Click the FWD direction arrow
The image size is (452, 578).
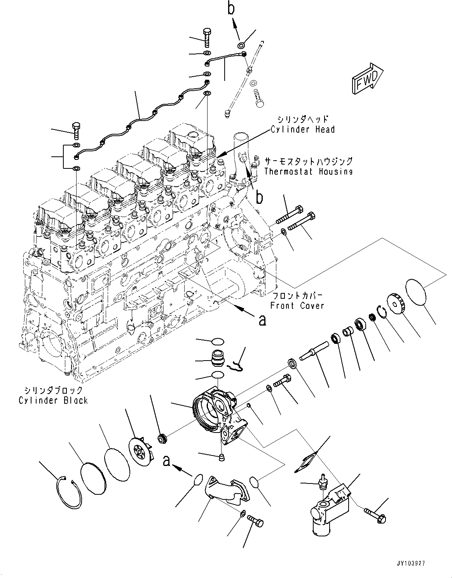367,79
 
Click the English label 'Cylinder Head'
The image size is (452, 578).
302,129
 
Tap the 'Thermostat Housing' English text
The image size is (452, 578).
308,172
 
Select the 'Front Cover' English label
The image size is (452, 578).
297,305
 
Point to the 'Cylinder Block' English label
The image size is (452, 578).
53,400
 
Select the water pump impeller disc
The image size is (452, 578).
140,453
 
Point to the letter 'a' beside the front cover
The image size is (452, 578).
263,320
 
